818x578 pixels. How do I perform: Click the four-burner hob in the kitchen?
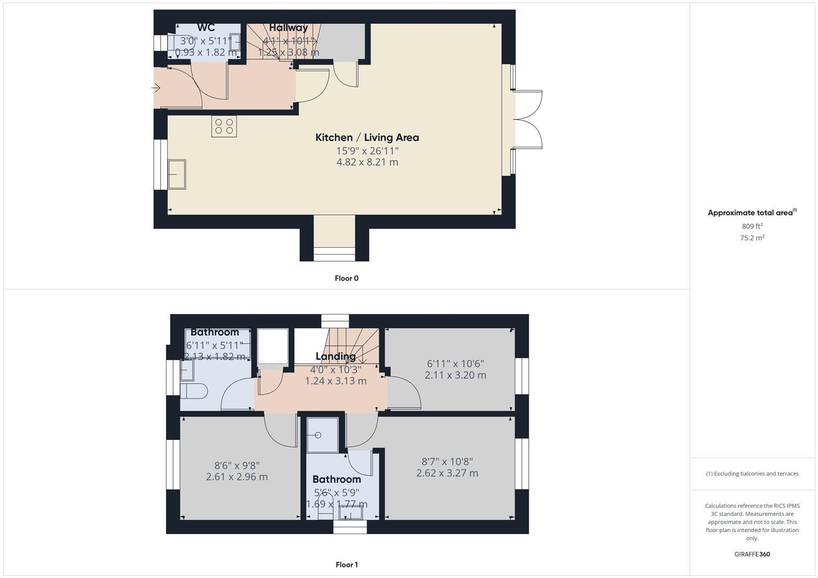(224, 126)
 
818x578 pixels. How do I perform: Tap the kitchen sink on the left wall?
(177, 174)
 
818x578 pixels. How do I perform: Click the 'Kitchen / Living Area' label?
(367, 138)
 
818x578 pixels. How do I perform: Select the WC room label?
(206, 28)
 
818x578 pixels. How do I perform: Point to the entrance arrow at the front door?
(156, 88)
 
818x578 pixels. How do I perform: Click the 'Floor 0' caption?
(347, 278)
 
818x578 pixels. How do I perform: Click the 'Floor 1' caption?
(347, 565)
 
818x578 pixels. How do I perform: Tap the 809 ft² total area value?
(752, 226)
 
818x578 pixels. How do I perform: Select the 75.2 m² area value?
(752, 238)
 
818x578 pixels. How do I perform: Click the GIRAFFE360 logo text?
(752, 554)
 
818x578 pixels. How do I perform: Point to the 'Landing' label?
(335, 356)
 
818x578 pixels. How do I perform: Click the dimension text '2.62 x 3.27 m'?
(447, 473)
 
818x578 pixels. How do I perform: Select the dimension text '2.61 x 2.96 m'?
(237, 477)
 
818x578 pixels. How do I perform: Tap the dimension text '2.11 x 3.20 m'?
(455, 375)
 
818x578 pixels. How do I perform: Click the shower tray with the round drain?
(322, 435)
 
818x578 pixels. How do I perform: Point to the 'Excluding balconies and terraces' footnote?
(752, 474)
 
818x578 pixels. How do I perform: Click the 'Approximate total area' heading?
(751, 213)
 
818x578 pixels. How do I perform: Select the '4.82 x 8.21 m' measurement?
(367, 162)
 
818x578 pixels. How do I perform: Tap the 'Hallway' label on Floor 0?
(288, 28)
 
